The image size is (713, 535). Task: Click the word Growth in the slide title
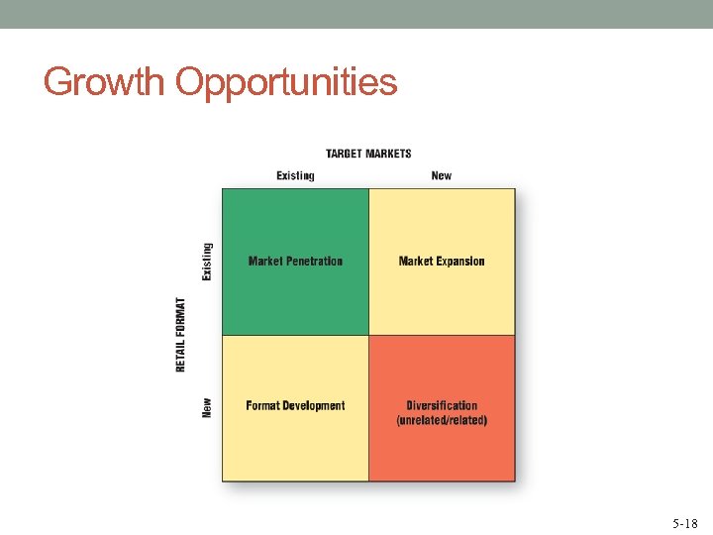click(104, 82)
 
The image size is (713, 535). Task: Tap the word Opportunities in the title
click(286, 82)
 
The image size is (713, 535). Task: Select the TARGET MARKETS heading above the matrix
click(368, 154)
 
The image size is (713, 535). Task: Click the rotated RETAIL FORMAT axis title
click(181, 335)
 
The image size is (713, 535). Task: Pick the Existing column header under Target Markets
click(295, 175)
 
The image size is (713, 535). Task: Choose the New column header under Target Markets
click(442, 175)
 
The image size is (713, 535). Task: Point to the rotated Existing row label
click(207, 262)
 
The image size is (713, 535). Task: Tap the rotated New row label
click(207, 406)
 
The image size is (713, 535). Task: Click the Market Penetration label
click(295, 262)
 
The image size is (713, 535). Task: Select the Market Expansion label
click(442, 262)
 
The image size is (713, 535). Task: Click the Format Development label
click(295, 406)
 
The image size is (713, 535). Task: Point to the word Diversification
click(442, 405)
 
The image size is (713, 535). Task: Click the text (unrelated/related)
click(442, 420)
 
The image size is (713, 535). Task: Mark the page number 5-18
click(684, 522)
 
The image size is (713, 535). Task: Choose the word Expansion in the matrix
click(460, 262)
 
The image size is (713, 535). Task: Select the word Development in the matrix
click(314, 406)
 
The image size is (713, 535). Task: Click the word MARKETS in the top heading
click(388, 154)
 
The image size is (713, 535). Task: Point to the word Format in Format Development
click(262, 406)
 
